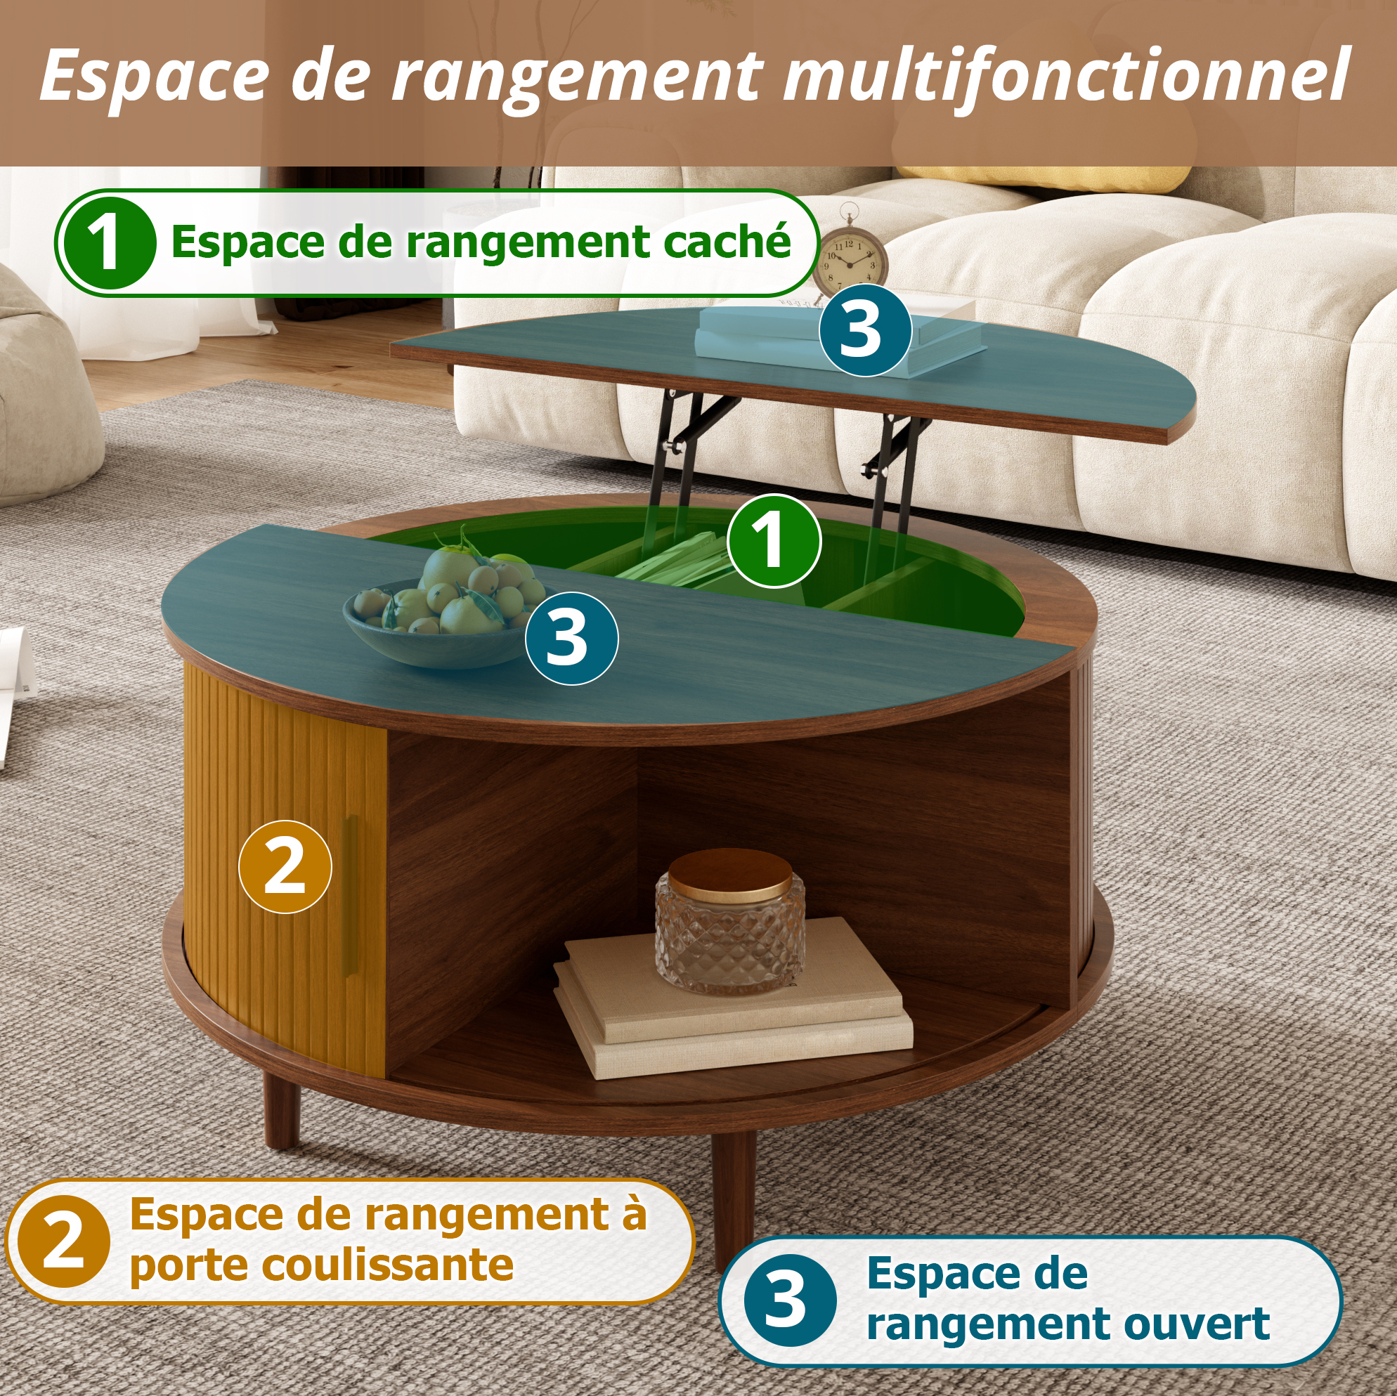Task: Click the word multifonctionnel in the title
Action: pos(1066,76)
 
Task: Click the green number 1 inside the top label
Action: pos(106,243)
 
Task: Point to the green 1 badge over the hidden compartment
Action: pos(773,540)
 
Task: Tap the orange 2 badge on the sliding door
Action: pos(285,866)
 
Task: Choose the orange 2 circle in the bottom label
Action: pos(64,1241)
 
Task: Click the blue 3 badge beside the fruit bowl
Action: pos(571,639)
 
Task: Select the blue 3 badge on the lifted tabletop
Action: pos(865,330)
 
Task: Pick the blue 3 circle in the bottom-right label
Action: pos(790,1300)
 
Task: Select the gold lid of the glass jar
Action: pos(729,874)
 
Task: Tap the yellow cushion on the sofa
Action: pos(1041,178)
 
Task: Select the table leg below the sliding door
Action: pos(280,1111)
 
